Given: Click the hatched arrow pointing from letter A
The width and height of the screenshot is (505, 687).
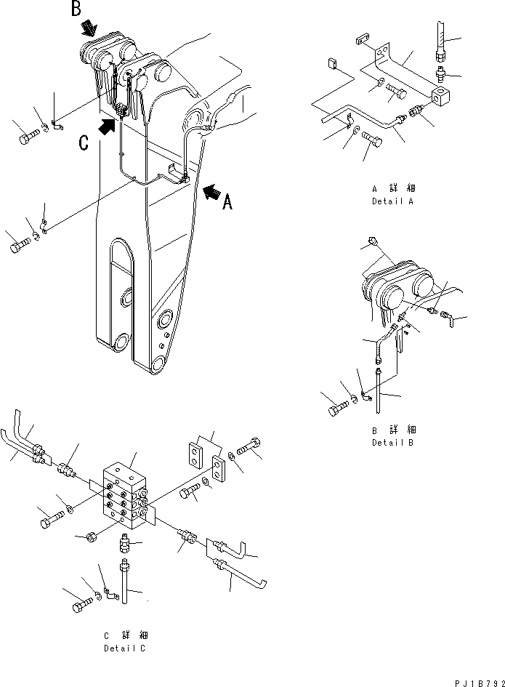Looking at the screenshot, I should coord(212,191).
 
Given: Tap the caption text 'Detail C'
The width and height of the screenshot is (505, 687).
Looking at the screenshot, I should coord(124,648).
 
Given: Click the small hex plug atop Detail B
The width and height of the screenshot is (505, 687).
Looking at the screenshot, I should coord(373,240).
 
